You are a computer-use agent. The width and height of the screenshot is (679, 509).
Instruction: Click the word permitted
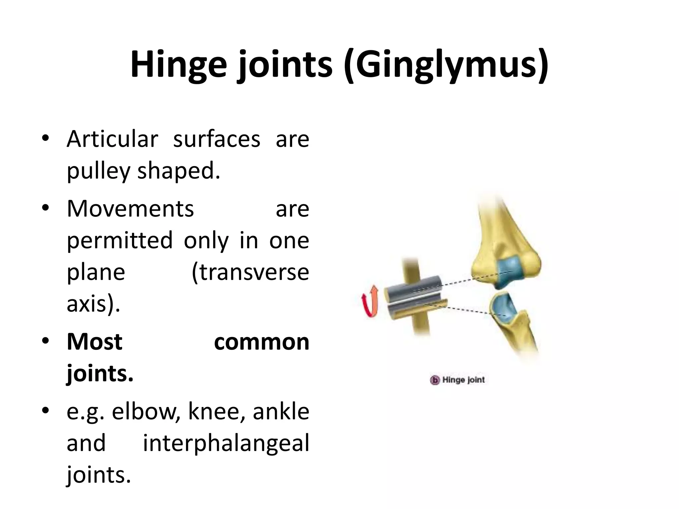click(x=120, y=240)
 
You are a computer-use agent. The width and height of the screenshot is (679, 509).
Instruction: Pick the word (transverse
click(x=251, y=272)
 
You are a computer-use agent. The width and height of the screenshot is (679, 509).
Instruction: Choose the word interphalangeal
click(x=226, y=443)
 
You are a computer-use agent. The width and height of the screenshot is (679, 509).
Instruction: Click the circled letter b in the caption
click(x=435, y=380)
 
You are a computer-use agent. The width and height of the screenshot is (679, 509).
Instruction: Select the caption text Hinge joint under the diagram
click(x=463, y=380)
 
